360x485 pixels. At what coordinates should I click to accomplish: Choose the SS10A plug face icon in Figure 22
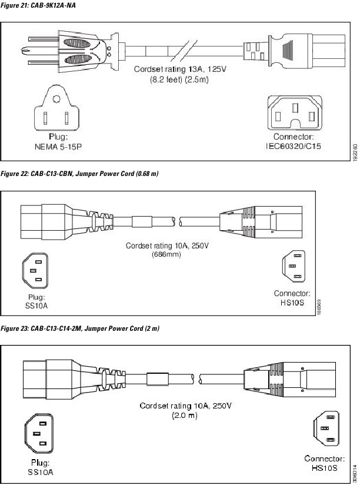(x=35, y=271)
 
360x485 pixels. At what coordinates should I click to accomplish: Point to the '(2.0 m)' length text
(x=184, y=416)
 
